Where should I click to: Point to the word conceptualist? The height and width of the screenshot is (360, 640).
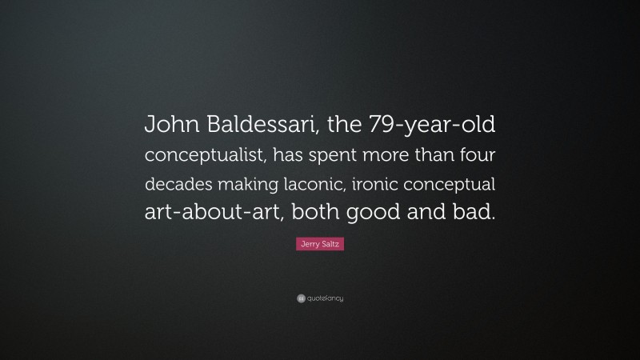pyautogui.click(x=205, y=154)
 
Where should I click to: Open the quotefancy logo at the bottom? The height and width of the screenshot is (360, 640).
pyautogui.click(x=320, y=298)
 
